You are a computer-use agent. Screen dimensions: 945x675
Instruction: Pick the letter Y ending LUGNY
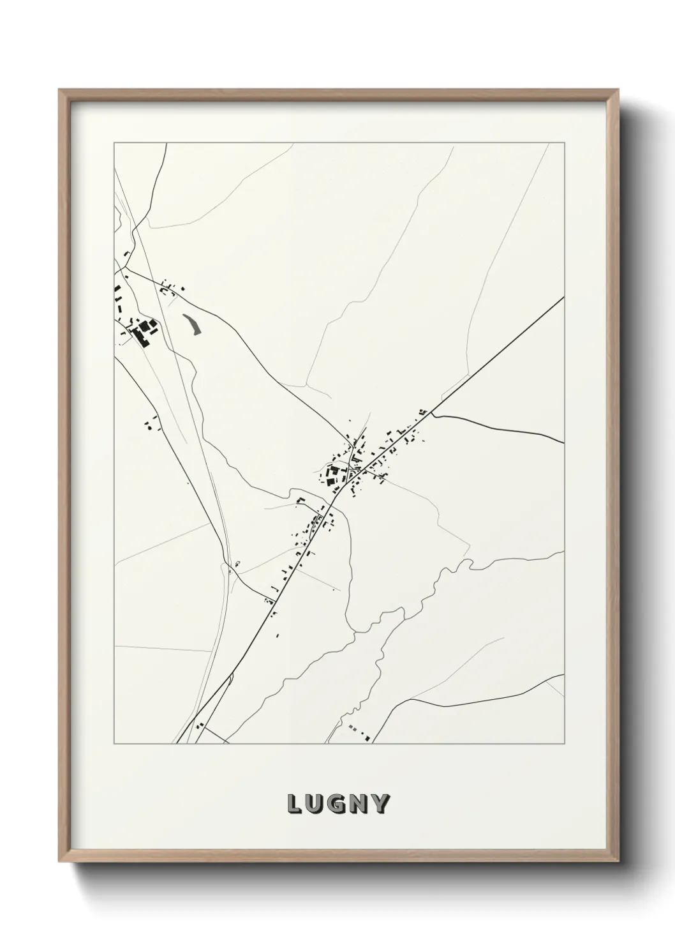380,804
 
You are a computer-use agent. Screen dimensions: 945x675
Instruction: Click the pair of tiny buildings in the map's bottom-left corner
200,726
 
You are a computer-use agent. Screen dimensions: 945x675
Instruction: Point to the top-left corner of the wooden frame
59,90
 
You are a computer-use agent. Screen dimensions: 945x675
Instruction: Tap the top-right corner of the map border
564,142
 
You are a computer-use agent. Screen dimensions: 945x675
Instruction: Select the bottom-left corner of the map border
114,744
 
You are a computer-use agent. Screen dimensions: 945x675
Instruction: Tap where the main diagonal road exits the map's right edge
563,298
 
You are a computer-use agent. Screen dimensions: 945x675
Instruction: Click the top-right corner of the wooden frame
617,90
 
